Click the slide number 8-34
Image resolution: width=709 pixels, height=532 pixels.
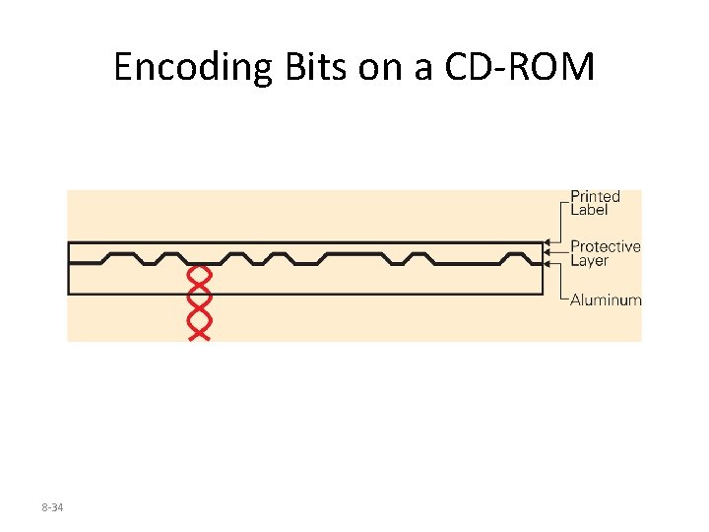click(52, 506)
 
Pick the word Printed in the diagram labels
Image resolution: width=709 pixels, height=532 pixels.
click(596, 197)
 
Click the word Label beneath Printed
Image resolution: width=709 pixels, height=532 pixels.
click(590, 210)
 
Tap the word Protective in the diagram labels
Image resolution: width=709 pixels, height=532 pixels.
click(606, 246)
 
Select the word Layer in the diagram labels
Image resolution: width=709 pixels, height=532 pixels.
click(591, 260)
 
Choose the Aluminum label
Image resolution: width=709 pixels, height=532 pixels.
click(606, 300)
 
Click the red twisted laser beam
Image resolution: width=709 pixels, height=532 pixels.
click(199, 301)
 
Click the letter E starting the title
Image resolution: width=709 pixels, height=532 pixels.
click(123, 68)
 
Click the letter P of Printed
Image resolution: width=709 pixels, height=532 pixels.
click(576, 197)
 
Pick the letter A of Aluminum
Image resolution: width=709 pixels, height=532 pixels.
click(576, 300)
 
